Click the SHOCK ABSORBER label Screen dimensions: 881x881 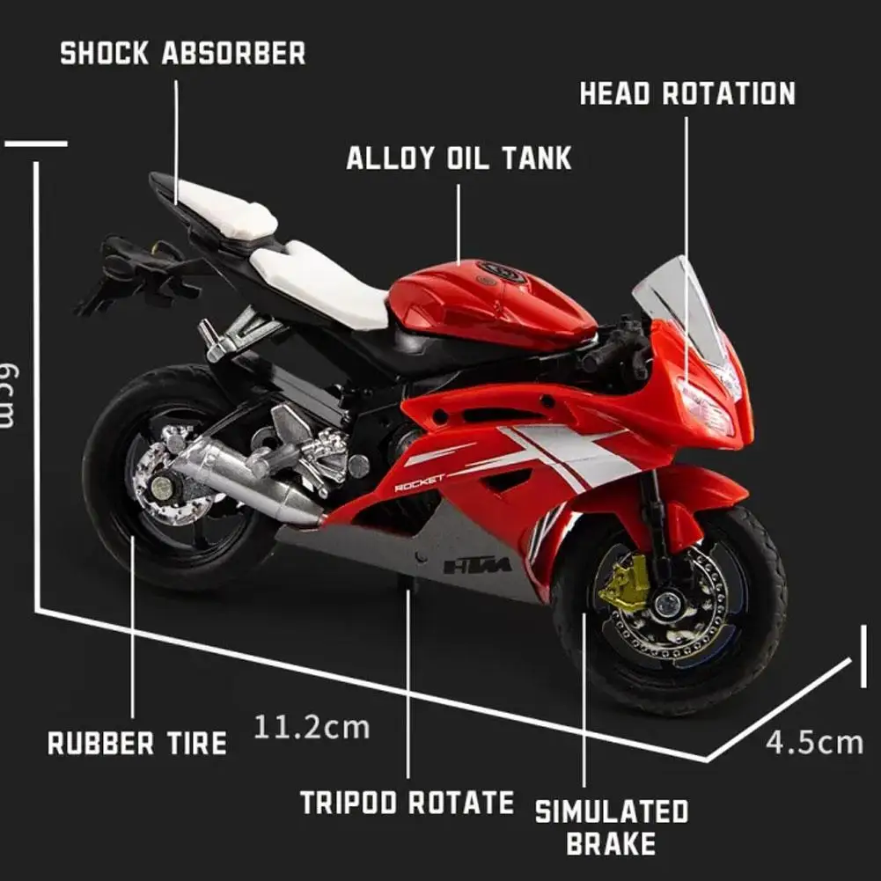pos(183,53)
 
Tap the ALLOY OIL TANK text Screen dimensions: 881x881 pos(459,158)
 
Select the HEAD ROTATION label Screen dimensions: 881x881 pos(687,94)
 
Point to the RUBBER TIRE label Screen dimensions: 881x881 pos(137,743)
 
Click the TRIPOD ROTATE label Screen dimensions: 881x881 pos(407,803)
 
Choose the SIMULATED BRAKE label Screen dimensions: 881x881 pos(612,827)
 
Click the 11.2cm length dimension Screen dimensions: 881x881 pos(312,728)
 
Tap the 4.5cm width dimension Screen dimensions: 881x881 pos(814,743)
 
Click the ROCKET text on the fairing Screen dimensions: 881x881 pos(418,483)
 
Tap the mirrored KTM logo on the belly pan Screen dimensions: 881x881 pos(464,566)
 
